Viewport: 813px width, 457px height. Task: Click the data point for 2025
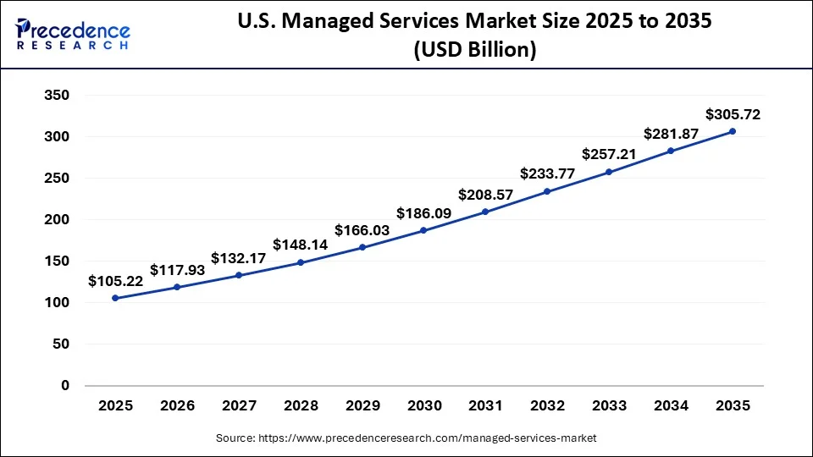click(115, 298)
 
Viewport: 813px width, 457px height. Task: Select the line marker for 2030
click(423, 230)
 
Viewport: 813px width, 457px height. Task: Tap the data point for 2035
click(733, 131)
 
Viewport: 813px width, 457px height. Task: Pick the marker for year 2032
click(547, 191)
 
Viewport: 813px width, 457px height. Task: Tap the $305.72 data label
click(732, 114)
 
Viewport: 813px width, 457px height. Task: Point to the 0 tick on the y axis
click(64, 386)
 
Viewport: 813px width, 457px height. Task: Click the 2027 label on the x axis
click(239, 406)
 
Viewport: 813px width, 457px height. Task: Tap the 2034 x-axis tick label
click(671, 406)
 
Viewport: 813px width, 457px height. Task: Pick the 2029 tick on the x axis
click(362, 406)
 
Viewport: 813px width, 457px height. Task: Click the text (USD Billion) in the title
click(474, 51)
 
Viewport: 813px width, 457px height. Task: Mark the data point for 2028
click(301, 262)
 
